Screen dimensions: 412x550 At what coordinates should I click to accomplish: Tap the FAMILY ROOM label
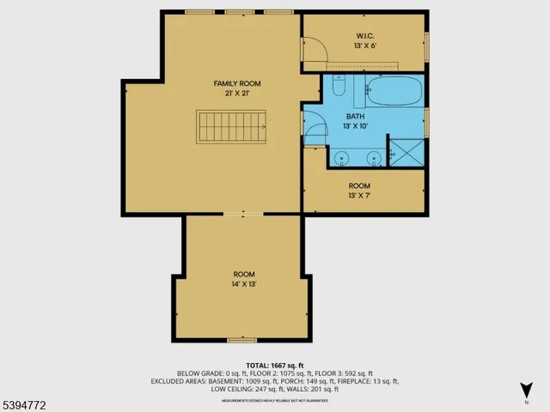237,83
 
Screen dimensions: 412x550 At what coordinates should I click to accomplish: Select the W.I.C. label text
365,36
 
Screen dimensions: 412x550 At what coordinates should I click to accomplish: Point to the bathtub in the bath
394,89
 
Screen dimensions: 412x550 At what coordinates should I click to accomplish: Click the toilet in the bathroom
339,88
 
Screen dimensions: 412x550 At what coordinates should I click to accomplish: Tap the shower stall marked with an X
406,152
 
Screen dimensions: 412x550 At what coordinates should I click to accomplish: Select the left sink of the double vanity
342,158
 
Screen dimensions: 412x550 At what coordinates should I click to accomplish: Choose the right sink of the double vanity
374,158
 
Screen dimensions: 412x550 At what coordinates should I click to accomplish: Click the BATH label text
357,116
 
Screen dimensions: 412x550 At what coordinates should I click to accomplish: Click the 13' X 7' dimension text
359,196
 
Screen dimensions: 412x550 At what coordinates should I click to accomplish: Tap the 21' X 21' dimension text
237,93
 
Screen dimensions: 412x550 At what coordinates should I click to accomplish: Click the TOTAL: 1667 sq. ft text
276,365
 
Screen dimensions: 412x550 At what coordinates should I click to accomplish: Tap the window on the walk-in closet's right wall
427,41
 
